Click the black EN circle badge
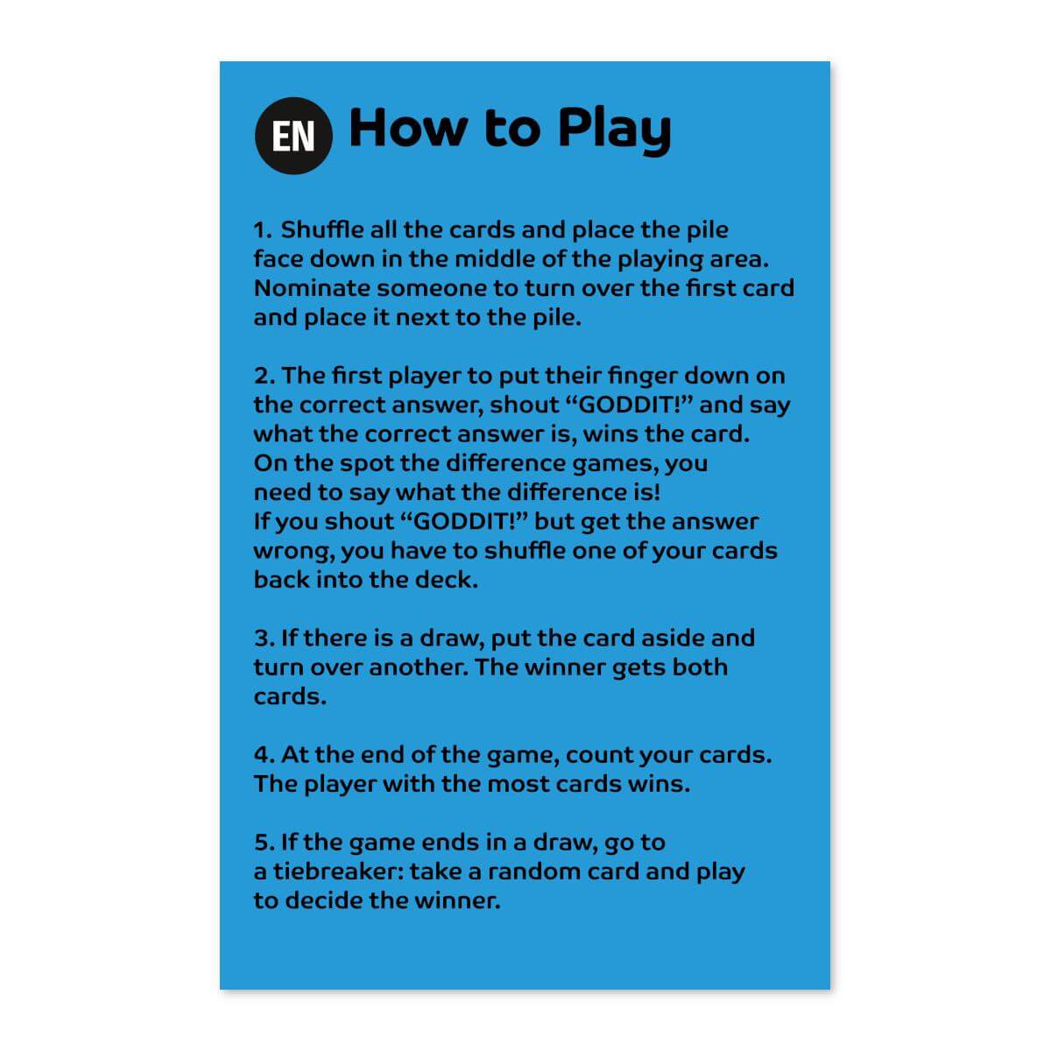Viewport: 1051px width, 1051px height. point(293,136)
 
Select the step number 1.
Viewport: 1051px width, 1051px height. point(262,230)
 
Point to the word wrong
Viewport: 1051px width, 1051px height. point(293,552)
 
